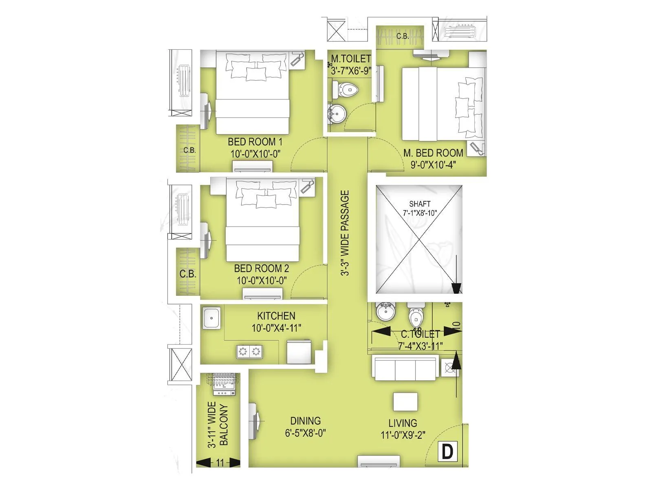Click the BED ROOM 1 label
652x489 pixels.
click(x=255, y=142)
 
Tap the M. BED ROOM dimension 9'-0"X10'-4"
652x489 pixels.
click(x=433, y=165)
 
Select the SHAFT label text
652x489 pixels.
click(x=420, y=204)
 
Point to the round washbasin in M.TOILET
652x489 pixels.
click(x=337, y=113)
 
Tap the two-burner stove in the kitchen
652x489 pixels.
click(x=249, y=352)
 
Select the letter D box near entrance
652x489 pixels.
click(x=447, y=452)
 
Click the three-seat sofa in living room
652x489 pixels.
click(x=405, y=368)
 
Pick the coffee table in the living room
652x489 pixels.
click(x=405, y=402)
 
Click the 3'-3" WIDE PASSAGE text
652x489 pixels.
click(x=345, y=233)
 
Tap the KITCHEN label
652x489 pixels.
click(x=276, y=316)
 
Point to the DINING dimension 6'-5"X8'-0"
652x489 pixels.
click(x=305, y=433)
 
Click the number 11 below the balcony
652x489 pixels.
click(x=220, y=463)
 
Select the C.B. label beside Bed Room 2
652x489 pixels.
click(x=188, y=274)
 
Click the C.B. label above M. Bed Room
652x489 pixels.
click(x=403, y=36)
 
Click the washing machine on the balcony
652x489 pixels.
click(x=224, y=384)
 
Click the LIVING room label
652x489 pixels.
click(x=403, y=423)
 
